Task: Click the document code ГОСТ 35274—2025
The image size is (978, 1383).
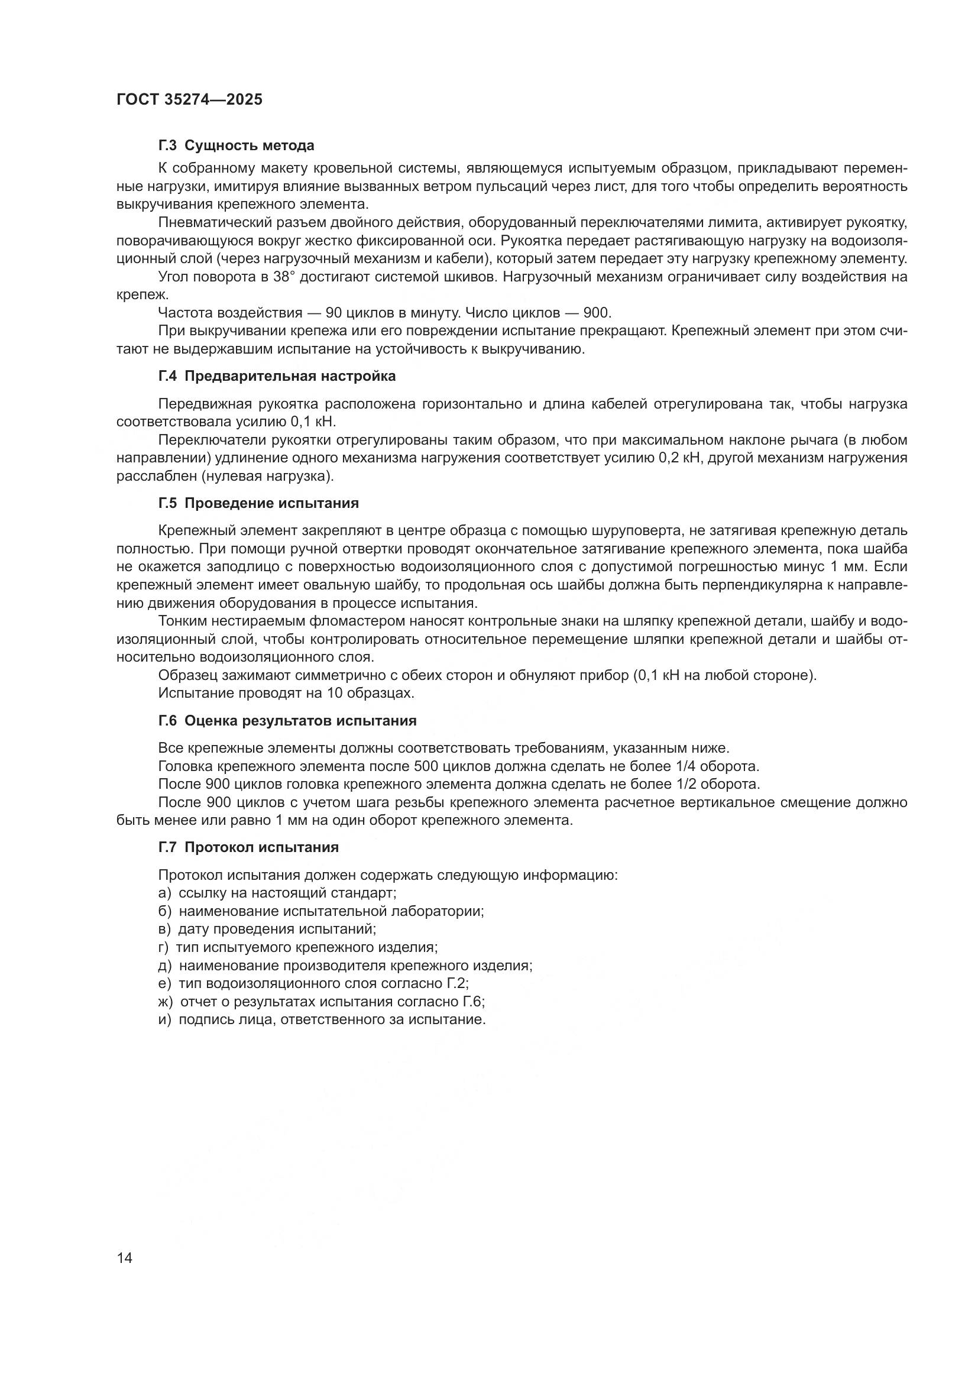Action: point(190,100)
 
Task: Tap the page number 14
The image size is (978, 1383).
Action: point(125,1258)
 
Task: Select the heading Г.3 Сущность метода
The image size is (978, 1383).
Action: point(236,145)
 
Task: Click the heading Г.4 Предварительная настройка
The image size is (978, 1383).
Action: point(277,377)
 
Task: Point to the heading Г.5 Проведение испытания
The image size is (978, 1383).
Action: point(258,503)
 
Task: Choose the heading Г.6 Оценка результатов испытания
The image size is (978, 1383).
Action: point(287,721)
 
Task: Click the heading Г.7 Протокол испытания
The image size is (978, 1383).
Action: point(248,847)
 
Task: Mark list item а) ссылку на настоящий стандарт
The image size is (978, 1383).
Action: point(277,893)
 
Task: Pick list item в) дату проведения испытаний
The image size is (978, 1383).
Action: point(267,929)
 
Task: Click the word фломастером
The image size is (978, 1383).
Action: point(296,621)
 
